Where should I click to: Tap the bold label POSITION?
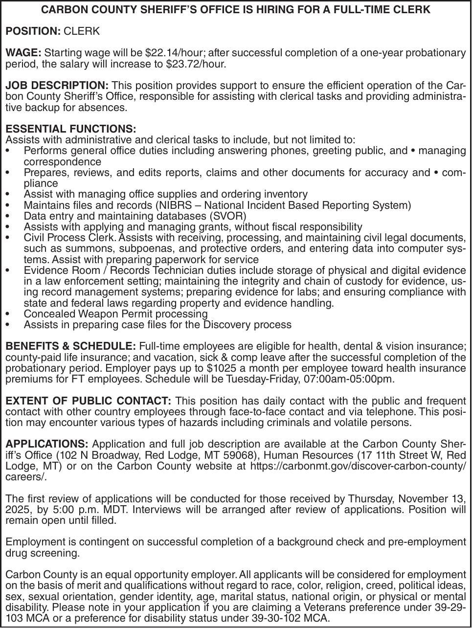coord(33,31)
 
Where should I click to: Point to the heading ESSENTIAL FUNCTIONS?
coord(71,129)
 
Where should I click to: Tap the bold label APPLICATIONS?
coord(46,444)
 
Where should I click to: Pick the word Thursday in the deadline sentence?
coord(371,499)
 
